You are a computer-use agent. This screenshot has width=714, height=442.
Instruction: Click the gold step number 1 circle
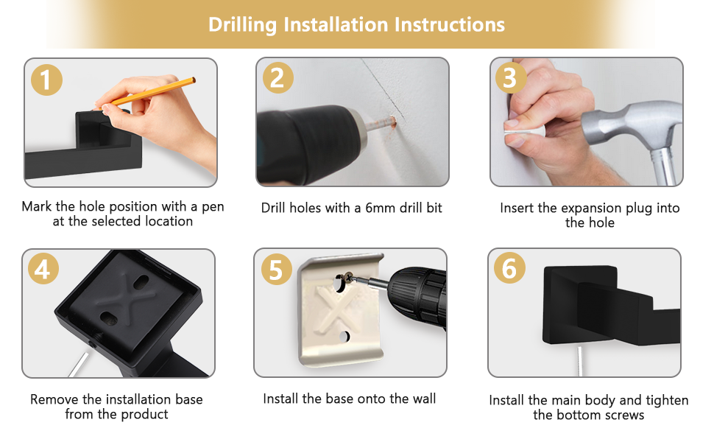(x=46, y=80)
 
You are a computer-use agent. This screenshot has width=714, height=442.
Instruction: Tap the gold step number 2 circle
(x=278, y=78)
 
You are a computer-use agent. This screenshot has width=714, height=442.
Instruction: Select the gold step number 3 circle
(x=510, y=78)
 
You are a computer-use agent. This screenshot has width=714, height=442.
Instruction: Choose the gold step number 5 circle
(x=277, y=270)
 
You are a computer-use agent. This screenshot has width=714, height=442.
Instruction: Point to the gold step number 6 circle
(x=509, y=268)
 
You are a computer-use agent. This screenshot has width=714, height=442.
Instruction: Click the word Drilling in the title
(x=242, y=25)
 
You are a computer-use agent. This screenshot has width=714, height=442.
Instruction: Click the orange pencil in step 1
(x=145, y=94)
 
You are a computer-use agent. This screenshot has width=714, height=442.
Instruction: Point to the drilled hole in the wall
(x=393, y=122)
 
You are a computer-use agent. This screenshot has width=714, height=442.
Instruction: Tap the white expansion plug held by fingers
(x=523, y=131)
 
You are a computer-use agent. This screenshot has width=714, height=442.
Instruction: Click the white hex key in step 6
(x=580, y=361)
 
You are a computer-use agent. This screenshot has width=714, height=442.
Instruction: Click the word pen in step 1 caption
(x=213, y=207)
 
